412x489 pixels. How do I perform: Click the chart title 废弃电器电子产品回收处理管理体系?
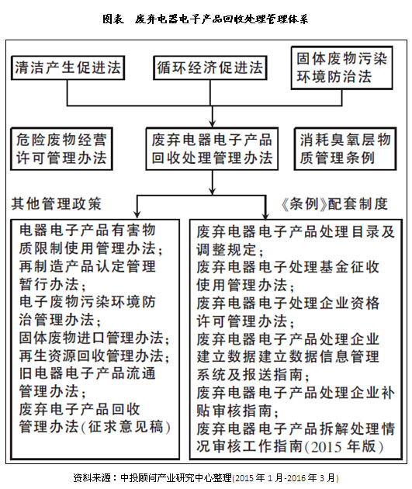pos(222,19)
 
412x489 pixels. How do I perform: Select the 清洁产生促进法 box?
pos(68,68)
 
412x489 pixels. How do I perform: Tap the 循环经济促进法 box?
pos(210,68)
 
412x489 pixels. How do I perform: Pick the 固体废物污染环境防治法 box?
pos(341,68)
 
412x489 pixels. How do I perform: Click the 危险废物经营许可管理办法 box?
pos(62,149)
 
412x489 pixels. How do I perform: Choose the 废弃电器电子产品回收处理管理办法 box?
pos(212,149)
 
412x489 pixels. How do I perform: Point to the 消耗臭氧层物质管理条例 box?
pos(345,149)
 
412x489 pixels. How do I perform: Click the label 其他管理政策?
pos(57,204)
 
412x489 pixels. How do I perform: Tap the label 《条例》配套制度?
pos(334,204)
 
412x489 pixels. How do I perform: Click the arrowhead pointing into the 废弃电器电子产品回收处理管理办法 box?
pos(213,123)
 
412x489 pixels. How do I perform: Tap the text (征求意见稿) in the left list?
pos(126,427)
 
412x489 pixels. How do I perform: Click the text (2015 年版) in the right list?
pos(344,446)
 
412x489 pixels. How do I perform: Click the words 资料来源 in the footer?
pos(92,477)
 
